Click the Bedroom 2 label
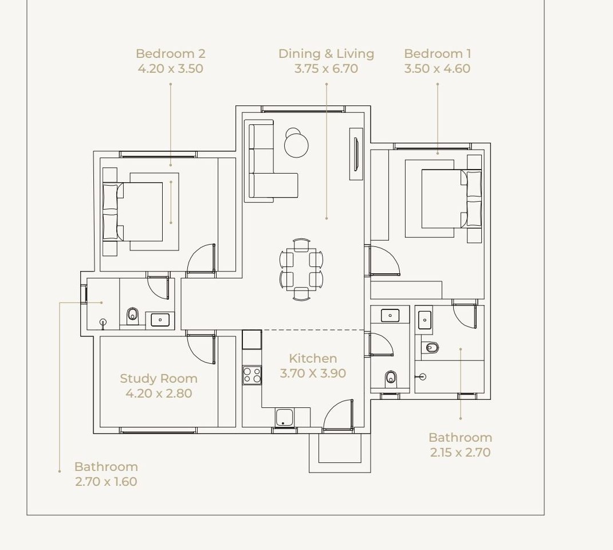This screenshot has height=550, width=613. tap(171, 53)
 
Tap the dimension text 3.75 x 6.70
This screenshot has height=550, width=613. tap(326, 68)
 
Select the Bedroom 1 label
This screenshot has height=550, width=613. tap(438, 53)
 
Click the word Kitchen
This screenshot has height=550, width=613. tap(313, 358)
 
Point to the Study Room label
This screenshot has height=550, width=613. tap(158, 378)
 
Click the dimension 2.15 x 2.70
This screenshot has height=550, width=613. tap(460, 452)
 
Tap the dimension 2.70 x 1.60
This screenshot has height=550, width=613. tap(106, 481)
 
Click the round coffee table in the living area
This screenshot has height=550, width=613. tap(296, 145)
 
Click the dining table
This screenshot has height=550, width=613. tap(301, 269)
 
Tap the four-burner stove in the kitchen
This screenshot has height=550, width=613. tap(252, 375)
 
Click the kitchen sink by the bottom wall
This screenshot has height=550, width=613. tap(283, 418)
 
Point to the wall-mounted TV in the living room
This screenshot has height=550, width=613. tap(356, 154)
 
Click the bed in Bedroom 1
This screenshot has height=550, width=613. tap(451, 198)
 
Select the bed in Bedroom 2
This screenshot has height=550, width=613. tap(133, 211)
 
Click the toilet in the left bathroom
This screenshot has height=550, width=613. tap(132, 315)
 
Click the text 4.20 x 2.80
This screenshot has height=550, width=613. tap(159, 393)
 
